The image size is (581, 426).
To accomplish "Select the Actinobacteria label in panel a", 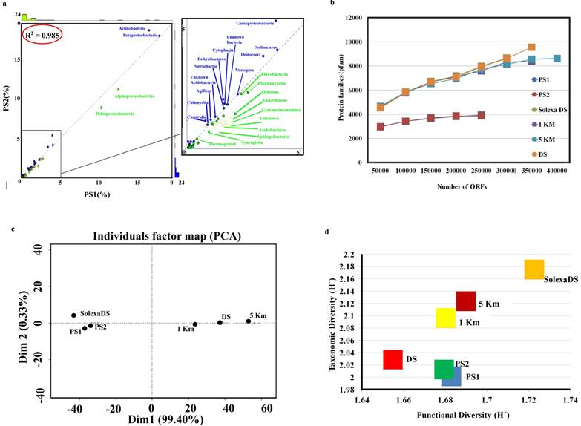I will [133, 28].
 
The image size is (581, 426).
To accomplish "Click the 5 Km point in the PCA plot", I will [249, 321].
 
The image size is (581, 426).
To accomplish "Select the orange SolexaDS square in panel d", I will [534, 269].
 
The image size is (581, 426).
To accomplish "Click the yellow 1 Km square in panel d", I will [445, 318].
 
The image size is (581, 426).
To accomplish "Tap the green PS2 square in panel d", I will [444, 369].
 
